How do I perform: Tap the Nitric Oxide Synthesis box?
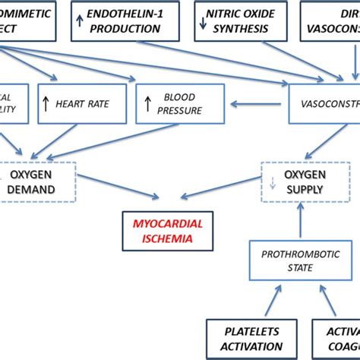click(239, 21)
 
